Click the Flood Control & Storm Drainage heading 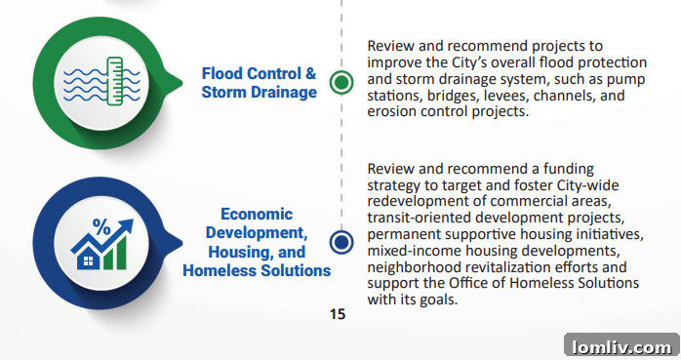click(259, 83)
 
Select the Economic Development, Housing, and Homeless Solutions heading click(257, 242)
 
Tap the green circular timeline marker click(340, 83)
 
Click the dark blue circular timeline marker click(340, 242)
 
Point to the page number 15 click(338, 314)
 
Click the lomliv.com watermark click(620, 345)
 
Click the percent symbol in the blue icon click(100, 226)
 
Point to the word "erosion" click(391, 112)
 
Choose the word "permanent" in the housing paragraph click(403, 235)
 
